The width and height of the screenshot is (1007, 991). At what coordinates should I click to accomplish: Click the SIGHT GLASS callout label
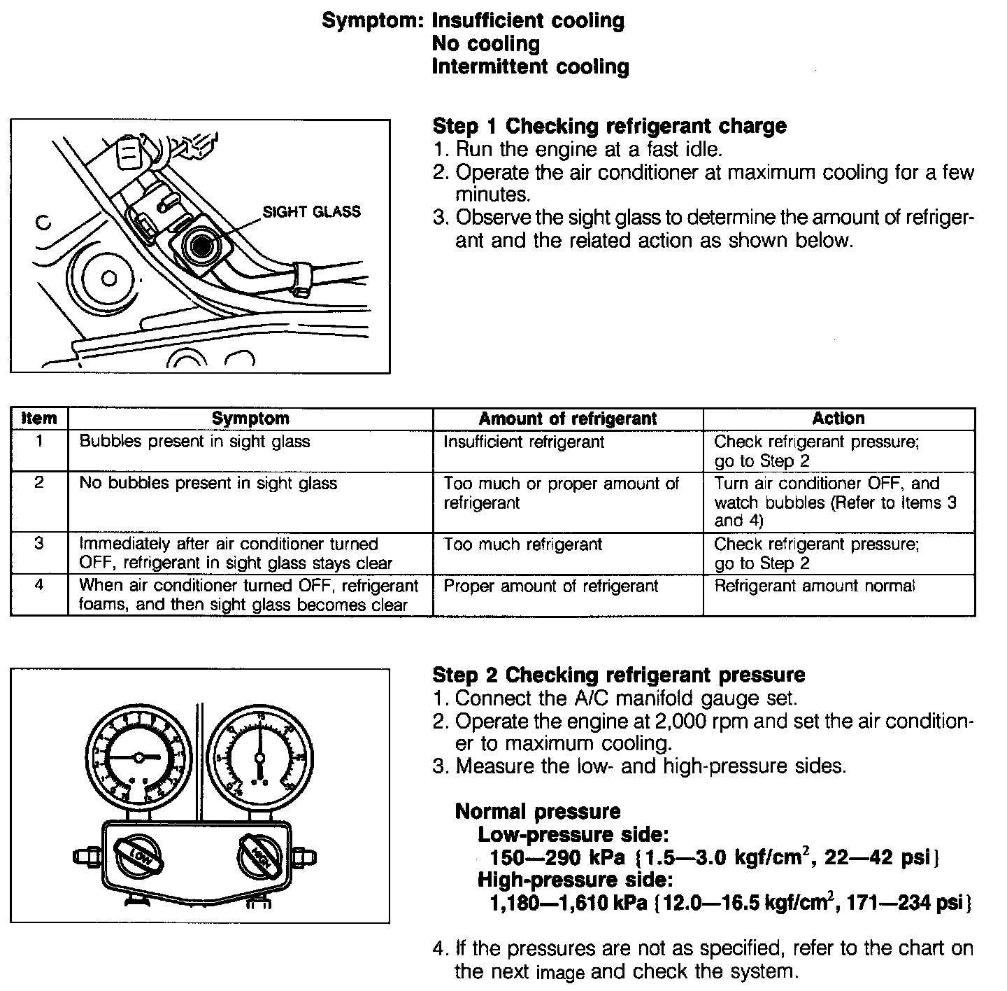click(x=311, y=211)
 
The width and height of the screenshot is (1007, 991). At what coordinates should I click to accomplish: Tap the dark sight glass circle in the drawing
click(x=202, y=246)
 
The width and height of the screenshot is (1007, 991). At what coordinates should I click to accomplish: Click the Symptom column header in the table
click(x=250, y=419)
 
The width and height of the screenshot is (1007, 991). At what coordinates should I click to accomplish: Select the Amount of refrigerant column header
click(x=567, y=419)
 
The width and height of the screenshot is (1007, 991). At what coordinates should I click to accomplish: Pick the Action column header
click(x=838, y=419)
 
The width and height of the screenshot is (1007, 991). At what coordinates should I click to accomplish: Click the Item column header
click(x=39, y=419)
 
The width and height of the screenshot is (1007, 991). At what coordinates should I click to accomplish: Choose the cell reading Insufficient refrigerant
click(x=524, y=442)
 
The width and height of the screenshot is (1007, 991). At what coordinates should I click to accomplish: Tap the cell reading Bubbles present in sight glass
click(x=194, y=442)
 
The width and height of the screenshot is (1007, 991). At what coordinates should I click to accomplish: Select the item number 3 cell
click(x=39, y=544)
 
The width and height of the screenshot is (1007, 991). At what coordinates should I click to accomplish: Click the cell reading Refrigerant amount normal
click(x=814, y=586)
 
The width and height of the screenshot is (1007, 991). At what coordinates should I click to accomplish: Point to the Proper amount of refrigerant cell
click(x=550, y=586)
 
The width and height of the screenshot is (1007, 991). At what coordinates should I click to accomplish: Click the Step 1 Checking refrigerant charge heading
click(x=609, y=126)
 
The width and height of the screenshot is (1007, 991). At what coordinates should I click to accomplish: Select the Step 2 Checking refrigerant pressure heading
click(x=618, y=675)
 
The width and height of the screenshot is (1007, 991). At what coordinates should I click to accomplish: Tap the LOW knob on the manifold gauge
click(x=139, y=856)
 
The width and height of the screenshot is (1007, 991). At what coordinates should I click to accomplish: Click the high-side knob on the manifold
click(x=259, y=855)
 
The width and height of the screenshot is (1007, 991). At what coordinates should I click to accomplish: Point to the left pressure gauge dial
click(x=138, y=758)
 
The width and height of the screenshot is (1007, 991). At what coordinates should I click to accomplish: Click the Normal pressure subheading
click(x=537, y=811)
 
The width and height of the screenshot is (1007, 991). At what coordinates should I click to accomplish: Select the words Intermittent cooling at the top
click(x=530, y=66)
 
